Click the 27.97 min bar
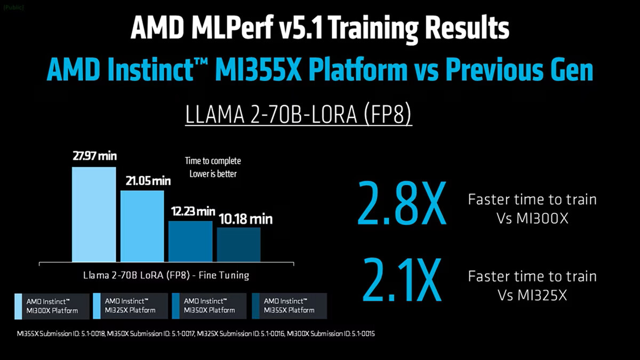click(x=94, y=214)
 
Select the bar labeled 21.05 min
click(x=142, y=226)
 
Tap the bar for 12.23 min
click(x=190, y=241)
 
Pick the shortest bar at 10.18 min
click(x=238, y=244)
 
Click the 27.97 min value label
click(x=95, y=157)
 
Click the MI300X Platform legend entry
click(x=49, y=306)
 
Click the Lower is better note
click(x=213, y=174)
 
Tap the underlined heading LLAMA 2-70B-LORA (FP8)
click(x=298, y=115)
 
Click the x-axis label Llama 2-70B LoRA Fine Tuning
click(x=166, y=276)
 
